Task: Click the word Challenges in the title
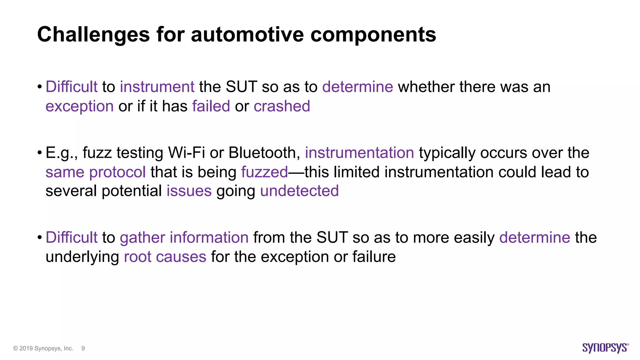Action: point(93,34)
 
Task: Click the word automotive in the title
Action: point(247,34)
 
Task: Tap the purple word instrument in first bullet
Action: point(157,87)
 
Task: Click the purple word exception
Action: point(79,106)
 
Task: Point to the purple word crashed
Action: point(282,106)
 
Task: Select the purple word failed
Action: point(211,106)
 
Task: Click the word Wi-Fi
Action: point(187,153)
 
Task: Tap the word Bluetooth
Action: point(264,153)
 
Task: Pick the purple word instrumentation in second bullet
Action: point(359,153)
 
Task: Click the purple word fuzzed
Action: point(264,172)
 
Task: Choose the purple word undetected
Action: point(299,191)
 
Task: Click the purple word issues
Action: point(189,191)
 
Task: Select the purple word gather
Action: point(142,237)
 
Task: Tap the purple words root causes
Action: point(165,257)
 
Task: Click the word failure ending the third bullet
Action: point(374,257)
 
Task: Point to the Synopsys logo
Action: point(605,348)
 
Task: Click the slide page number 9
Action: point(83,348)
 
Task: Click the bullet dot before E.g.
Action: point(39,153)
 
